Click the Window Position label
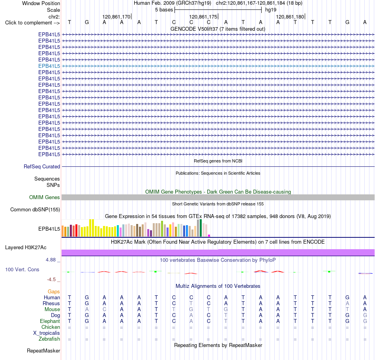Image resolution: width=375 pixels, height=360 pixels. click(x=41, y=3)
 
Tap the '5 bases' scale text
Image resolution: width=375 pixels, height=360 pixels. click(x=164, y=10)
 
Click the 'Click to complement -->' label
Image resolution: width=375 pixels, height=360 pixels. click(x=32, y=23)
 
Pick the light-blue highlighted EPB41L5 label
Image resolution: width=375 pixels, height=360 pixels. click(x=49, y=66)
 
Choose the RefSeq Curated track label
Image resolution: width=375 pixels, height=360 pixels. click(x=42, y=166)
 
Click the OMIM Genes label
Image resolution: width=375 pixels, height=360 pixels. click(x=45, y=197)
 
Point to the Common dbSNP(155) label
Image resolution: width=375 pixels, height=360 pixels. click(x=35, y=209)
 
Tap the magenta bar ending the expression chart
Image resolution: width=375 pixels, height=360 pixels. click(x=209, y=235)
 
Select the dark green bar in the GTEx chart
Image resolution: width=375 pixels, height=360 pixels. click(x=201, y=228)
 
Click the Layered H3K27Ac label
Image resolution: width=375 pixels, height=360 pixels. click(x=26, y=248)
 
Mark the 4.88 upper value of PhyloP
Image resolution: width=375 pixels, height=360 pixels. click(x=51, y=260)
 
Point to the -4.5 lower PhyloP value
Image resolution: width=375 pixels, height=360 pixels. click(x=51, y=280)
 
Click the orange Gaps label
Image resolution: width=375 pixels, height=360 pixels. click(x=54, y=291)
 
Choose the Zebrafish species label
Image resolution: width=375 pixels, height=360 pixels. click(x=49, y=339)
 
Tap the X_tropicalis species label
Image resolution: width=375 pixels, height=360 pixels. click(x=47, y=333)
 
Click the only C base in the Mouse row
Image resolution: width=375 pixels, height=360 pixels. click(x=104, y=310)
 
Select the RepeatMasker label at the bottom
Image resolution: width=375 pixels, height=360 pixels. click(x=43, y=351)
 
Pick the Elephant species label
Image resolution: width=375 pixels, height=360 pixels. click(x=50, y=321)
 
